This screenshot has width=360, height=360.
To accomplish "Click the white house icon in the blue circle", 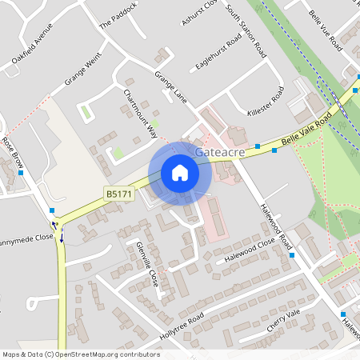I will [x=180, y=173].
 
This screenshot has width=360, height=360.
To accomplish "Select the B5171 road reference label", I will [x=118, y=194].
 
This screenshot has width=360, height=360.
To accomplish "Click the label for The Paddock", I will [x=118, y=16].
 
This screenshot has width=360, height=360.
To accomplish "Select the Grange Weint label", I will [x=85, y=69].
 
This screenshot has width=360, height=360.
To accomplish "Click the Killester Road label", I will [x=266, y=105].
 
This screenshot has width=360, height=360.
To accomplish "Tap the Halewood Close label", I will [x=250, y=248].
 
